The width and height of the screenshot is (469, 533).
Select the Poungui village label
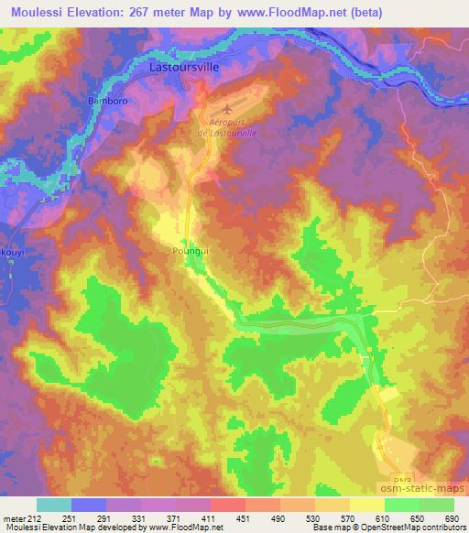pyautogui.click(x=190, y=248)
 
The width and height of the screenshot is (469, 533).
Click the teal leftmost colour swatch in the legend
pyautogui.click(x=54, y=505)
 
